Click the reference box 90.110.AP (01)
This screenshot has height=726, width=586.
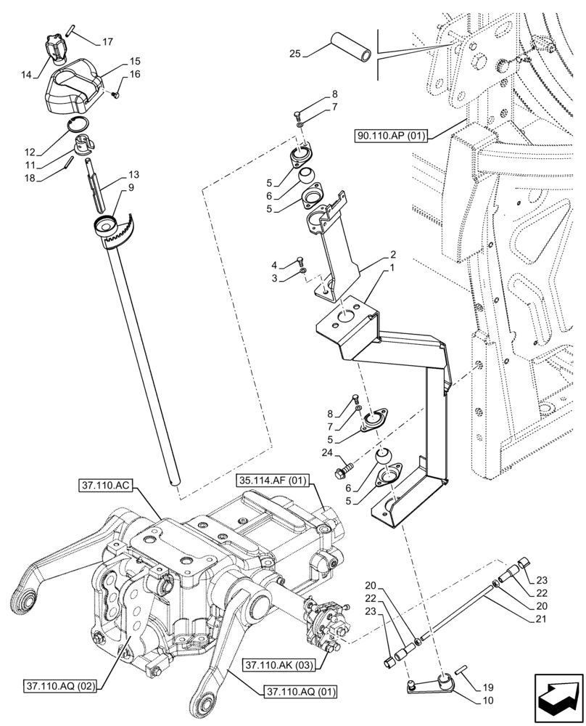(392, 135)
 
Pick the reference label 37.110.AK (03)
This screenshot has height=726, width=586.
(280, 664)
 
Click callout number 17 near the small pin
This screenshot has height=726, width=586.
(107, 42)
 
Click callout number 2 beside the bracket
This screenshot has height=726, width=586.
(392, 255)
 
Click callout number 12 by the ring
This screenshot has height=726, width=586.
(30, 152)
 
